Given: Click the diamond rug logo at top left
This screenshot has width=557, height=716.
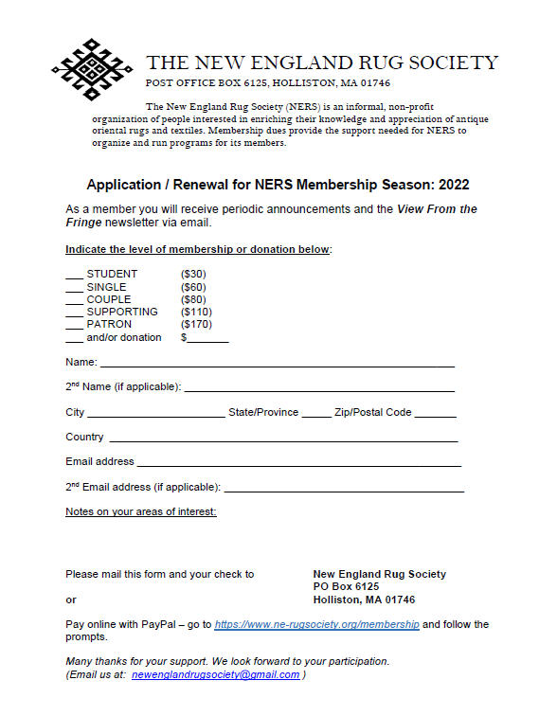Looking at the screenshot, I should point(92,69).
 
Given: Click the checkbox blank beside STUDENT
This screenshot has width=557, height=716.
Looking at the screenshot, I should point(74,277).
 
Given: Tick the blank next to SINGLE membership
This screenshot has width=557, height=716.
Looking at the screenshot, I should point(74,289).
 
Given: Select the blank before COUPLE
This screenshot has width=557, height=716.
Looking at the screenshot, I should point(74,301).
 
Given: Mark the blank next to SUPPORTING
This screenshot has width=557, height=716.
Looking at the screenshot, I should point(74,313).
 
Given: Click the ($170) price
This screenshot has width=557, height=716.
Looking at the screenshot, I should point(196,325).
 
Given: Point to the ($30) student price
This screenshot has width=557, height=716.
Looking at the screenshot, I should point(193,275).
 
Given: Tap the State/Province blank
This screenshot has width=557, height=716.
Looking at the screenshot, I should point(316,415).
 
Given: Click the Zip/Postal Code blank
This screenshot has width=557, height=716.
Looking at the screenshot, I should point(435,415).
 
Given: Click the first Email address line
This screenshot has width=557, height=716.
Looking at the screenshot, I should point(298,464).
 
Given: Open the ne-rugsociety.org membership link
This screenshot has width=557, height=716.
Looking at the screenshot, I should point(316,625).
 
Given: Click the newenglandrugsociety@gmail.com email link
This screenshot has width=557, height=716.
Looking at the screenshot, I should point(215,674).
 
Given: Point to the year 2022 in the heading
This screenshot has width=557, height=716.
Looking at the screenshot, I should point(451,186).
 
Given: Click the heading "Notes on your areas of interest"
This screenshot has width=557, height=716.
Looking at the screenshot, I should point(141,512).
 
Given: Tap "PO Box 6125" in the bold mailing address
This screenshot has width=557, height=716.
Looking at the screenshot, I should point(346,587).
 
